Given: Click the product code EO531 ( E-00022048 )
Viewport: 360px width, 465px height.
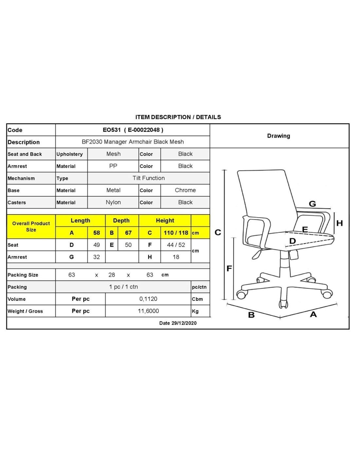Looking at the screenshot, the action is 133,130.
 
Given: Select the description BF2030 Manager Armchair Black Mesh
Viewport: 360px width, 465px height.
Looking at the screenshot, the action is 133,142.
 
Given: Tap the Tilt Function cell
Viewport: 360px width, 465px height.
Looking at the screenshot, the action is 149,178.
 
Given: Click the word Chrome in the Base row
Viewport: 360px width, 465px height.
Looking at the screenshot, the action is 185,190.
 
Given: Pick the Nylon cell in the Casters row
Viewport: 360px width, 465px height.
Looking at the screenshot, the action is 113,202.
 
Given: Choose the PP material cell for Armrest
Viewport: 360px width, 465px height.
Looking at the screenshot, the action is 113,166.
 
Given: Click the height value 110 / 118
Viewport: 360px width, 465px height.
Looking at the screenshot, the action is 176,233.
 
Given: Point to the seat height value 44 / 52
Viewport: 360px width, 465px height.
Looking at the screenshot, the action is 176,245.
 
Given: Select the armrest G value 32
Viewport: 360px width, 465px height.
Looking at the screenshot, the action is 96,257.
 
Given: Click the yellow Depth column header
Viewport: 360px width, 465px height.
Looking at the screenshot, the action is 121,221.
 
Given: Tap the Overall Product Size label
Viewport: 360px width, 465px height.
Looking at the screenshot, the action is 31,227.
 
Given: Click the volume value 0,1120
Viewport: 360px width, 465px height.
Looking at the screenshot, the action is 148,299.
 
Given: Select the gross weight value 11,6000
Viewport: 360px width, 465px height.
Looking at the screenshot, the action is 148,311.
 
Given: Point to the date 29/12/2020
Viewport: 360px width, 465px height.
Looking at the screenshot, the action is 184,323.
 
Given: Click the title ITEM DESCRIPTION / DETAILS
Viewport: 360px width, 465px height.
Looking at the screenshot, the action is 178,117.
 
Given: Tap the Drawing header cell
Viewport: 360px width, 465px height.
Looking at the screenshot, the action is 279,136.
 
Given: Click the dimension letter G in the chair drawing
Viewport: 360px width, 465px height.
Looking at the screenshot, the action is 312,204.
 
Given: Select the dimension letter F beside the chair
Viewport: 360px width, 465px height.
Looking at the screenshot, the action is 229,268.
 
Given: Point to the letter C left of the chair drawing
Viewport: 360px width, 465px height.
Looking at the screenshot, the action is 218,232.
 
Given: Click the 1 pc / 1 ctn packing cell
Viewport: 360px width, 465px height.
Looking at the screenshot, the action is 123,287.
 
